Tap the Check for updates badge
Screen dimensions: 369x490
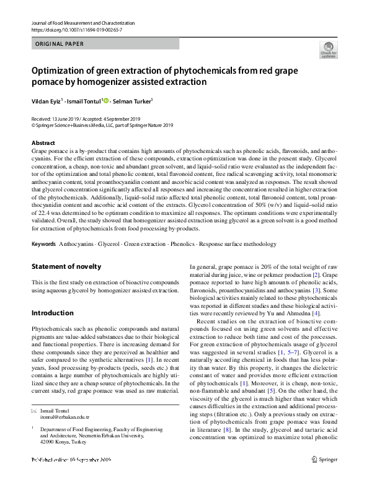328,50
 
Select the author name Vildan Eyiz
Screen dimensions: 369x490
47,100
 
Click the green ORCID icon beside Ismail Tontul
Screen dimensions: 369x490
106,100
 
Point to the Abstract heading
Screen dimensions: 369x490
43,143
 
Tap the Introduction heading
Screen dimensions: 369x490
52,313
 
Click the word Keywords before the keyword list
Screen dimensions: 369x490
43,228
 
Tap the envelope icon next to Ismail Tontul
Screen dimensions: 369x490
34,411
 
